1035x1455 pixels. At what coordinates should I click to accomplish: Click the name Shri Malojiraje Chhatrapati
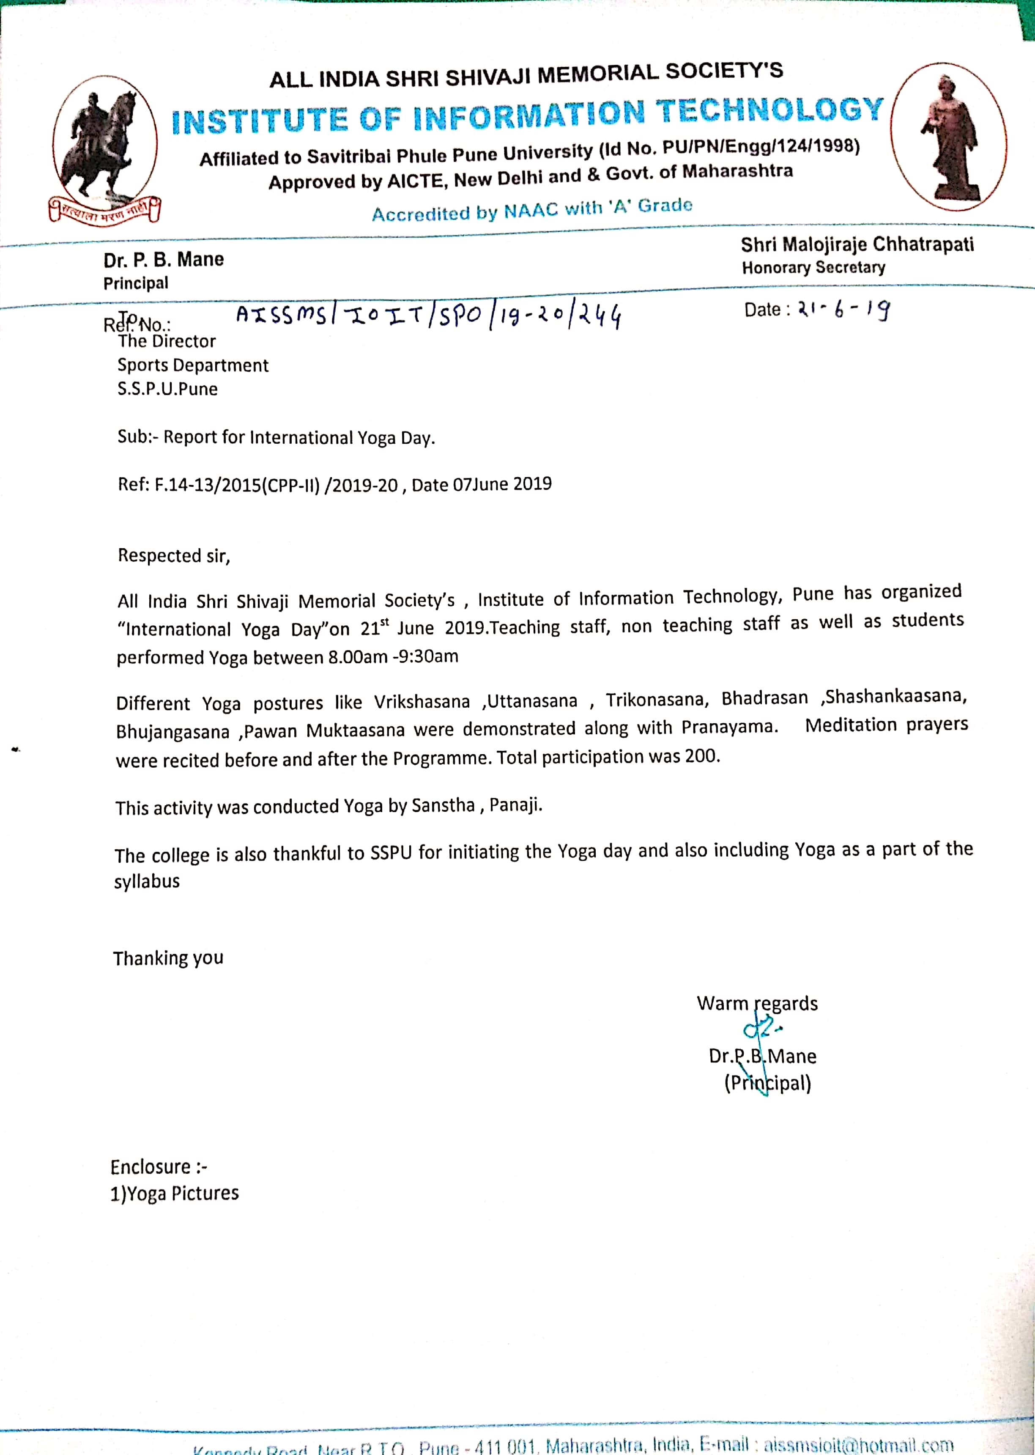click(x=857, y=244)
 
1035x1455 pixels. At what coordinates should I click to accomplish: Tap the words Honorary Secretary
click(x=813, y=268)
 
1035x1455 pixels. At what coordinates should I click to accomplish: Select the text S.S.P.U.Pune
click(x=167, y=389)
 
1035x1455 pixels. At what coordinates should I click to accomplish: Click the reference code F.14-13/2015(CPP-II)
click(x=236, y=485)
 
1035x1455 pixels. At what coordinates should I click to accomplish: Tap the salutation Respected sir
click(x=173, y=556)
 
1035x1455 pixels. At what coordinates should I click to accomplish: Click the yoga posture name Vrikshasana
click(x=421, y=702)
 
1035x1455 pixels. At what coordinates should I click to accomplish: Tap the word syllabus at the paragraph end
click(x=147, y=882)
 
